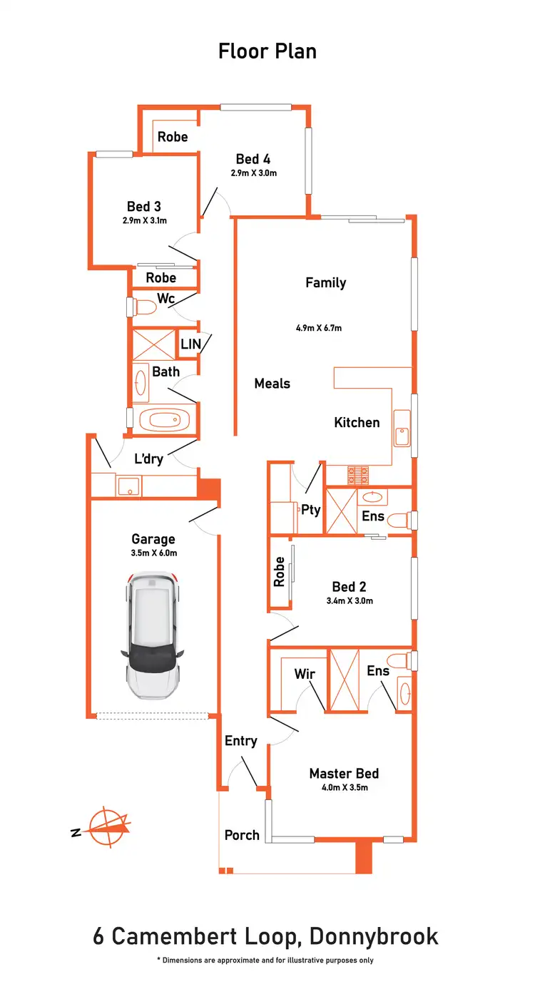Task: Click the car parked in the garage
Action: click(x=154, y=637)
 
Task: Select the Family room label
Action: click(x=325, y=282)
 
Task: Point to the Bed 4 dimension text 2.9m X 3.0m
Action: click(x=253, y=173)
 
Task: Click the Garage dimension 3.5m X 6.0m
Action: click(x=153, y=553)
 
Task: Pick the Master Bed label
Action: click(x=344, y=773)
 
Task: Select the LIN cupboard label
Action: click(x=190, y=344)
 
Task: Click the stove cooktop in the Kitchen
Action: click(x=357, y=472)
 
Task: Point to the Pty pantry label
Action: click(x=311, y=510)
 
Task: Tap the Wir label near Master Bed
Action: click(x=305, y=673)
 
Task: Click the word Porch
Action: click(x=242, y=834)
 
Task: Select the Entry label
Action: click(x=240, y=741)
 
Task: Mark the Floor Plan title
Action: click(x=267, y=51)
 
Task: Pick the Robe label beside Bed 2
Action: click(x=280, y=572)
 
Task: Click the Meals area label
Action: click(x=272, y=384)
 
